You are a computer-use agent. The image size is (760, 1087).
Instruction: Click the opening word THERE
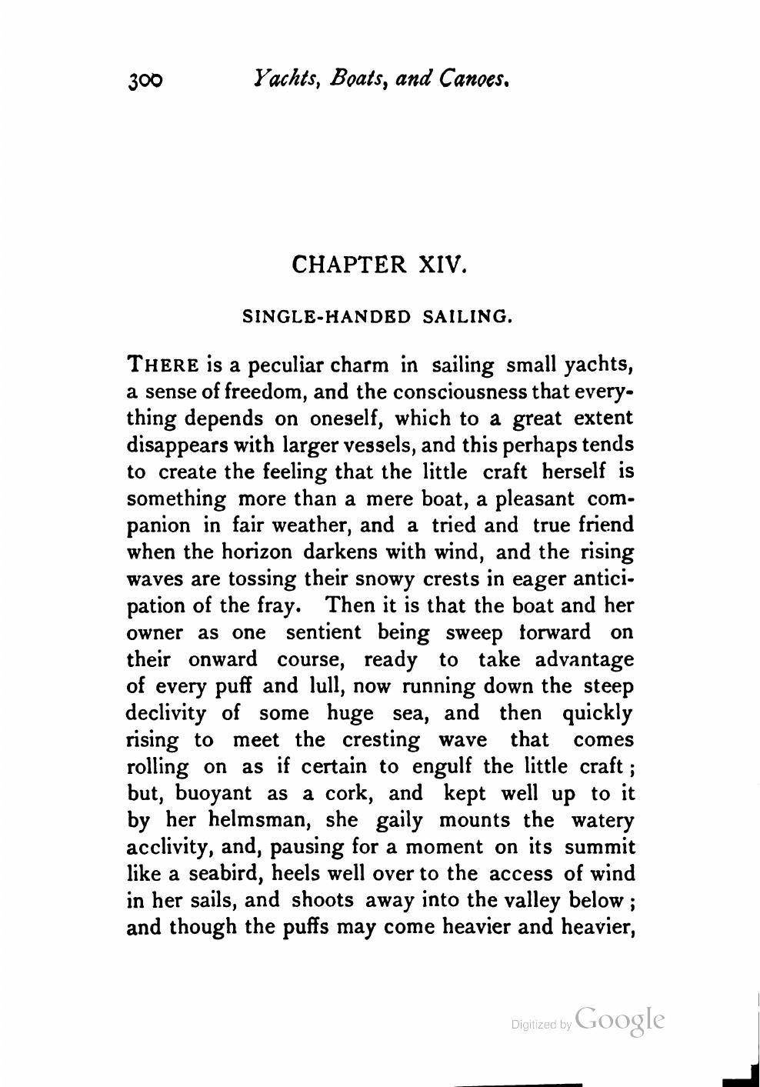[163, 364]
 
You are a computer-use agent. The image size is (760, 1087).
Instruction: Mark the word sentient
[323, 632]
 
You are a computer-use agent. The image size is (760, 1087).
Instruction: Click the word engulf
[445, 766]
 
